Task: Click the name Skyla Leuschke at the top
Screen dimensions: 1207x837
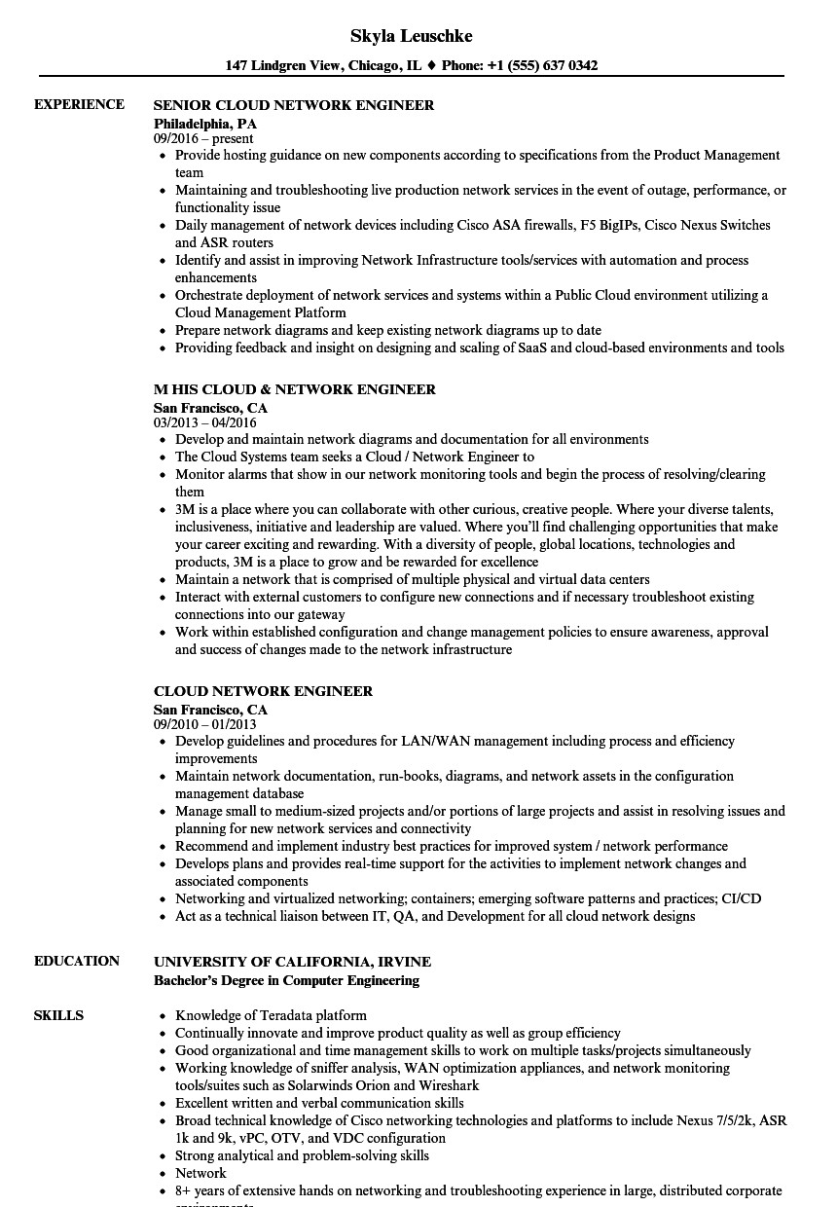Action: point(412,36)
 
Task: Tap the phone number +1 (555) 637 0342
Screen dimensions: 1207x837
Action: point(542,66)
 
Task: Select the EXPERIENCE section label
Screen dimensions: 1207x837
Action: point(79,104)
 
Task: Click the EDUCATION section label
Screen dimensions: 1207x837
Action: point(77,961)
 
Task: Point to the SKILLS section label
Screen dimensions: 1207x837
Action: point(58,1015)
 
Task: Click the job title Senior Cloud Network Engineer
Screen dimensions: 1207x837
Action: point(294,105)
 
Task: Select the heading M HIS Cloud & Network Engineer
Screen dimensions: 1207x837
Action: point(295,389)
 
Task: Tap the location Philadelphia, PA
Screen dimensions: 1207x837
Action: point(205,124)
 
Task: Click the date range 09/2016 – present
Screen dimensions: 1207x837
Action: point(203,138)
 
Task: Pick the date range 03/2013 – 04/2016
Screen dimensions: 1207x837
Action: point(204,422)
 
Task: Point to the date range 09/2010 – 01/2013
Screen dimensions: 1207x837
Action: point(204,724)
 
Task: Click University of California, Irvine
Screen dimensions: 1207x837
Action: point(292,962)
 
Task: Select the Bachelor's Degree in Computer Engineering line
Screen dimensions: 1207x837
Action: point(286,980)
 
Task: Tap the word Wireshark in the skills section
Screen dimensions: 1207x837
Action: point(447,1085)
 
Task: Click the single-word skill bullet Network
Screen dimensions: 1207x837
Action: point(200,1173)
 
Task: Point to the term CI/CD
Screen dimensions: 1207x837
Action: point(740,898)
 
